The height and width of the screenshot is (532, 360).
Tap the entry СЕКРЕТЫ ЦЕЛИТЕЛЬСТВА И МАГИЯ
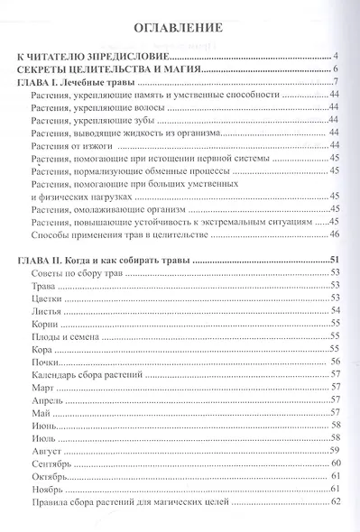pos(111,69)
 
